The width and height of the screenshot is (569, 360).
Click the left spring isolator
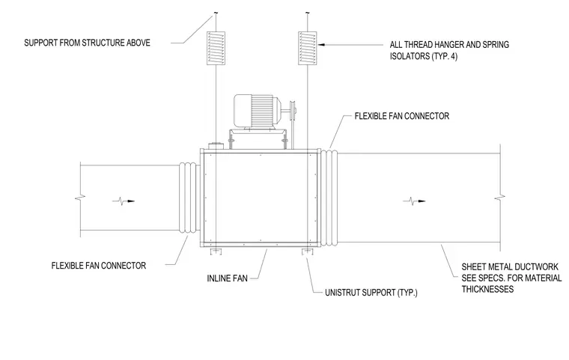(216, 48)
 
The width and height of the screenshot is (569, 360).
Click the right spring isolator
(308, 48)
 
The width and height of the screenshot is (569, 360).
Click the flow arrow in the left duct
(124, 201)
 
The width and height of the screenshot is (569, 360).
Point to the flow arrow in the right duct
(414, 201)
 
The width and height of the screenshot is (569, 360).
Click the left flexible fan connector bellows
(189, 197)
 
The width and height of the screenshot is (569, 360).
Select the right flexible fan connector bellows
(329, 198)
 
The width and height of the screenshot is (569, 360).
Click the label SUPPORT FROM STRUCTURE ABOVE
(87, 43)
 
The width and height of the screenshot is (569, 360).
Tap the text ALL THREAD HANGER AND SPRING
(449, 45)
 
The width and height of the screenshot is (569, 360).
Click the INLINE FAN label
(227, 278)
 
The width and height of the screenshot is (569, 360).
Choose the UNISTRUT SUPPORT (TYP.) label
(371, 293)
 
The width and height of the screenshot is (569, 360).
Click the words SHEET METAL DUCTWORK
(510, 267)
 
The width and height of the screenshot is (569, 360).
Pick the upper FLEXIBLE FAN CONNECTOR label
(402, 116)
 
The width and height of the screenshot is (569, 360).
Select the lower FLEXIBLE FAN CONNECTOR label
(99, 266)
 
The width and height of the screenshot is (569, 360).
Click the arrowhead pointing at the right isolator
(321, 45)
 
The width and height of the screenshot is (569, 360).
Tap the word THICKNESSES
(487, 289)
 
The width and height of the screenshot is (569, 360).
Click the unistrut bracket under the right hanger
(308, 251)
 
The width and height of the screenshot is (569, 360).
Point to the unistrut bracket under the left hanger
(216, 251)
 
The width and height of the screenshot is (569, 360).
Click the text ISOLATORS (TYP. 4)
(424, 56)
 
